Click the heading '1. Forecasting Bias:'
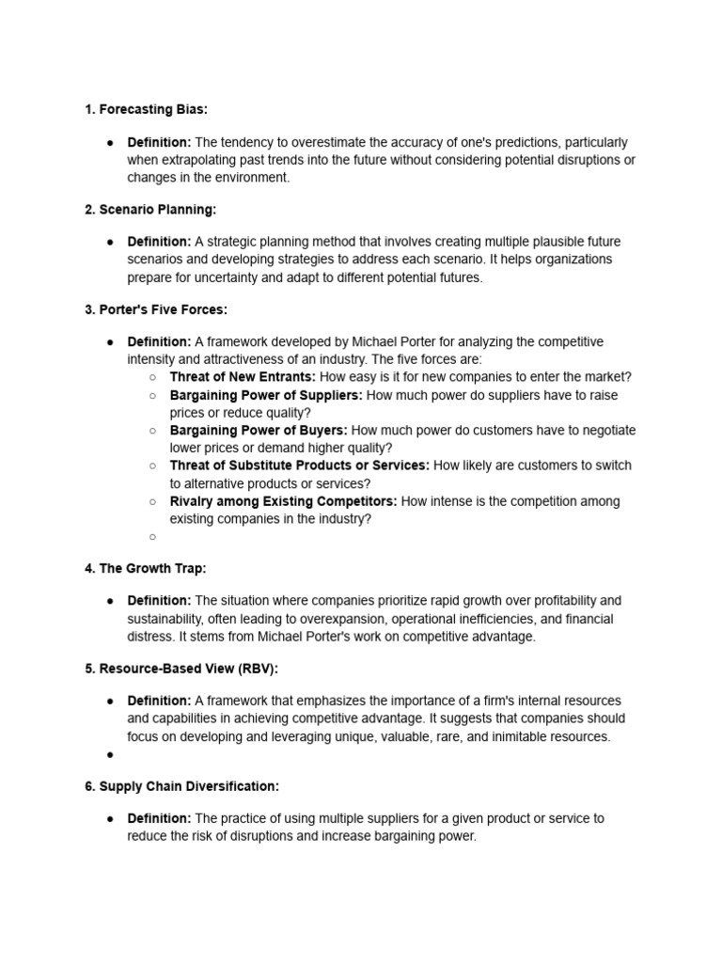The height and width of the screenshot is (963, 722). [x=146, y=110]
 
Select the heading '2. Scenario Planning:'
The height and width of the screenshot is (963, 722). [x=150, y=210]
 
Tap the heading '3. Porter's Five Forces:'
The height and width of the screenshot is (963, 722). [x=156, y=309]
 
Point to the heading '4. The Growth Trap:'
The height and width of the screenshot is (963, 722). [x=146, y=568]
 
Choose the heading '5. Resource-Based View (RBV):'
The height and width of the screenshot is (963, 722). [x=181, y=669]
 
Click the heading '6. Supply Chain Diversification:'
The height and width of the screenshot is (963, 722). [x=181, y=786]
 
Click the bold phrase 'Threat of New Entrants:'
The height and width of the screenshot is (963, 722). [x=243, y=377]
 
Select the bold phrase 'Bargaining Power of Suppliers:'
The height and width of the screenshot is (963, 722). [x=265, y=395]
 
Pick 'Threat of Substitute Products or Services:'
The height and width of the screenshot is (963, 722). [x=299, y=466]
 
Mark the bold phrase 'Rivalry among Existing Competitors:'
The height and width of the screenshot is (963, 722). [x=283, y=501]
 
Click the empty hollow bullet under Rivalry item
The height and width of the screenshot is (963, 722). [x=151, y=537]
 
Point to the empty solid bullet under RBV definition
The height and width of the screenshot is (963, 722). [x=110, y=754]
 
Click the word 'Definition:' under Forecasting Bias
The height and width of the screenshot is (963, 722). [x=159, y=142]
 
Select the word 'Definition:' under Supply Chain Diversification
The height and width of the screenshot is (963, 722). [x=159, y=818]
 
